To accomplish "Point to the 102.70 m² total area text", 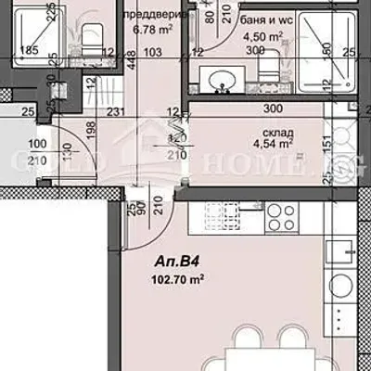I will point(177,278).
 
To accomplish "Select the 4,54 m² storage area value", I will point(272,145).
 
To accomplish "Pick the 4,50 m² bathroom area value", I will point(260,38).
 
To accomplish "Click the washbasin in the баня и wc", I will point(223,82).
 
